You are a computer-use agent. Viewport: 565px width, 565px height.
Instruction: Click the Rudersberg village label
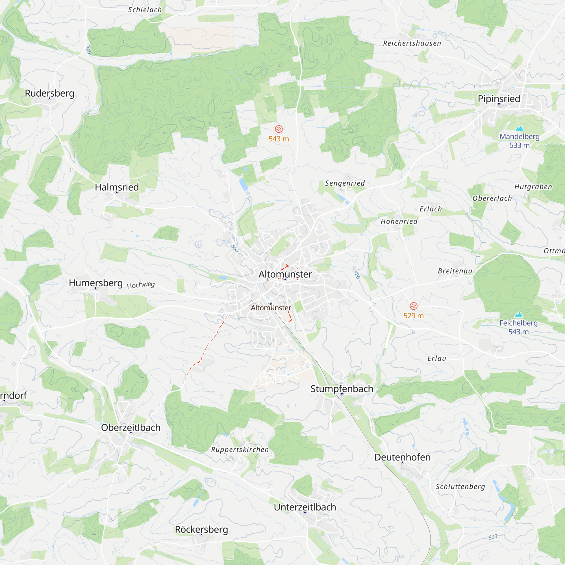49,93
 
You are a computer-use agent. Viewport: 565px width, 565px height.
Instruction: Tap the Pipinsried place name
499,99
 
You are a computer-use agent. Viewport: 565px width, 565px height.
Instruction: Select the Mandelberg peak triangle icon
520,128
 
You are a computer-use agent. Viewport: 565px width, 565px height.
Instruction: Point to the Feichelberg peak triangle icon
518,315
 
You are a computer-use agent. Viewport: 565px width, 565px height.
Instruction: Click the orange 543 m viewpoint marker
279,129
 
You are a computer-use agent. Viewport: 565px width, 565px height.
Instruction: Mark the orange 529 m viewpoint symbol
414,306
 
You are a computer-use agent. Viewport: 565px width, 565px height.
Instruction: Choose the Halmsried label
117,187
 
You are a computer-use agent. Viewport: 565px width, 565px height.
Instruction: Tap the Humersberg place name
96,283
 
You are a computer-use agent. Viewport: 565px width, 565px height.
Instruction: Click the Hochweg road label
141,285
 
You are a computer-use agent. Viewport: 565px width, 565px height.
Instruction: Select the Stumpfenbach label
342,389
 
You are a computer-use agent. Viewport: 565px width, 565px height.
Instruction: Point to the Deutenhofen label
402,457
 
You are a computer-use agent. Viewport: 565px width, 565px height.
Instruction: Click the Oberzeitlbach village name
131,427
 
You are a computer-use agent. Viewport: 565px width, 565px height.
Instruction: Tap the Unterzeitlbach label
305,507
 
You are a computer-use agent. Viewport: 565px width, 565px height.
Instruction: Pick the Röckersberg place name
201,529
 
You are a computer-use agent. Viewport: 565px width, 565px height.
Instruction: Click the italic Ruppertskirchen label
240,449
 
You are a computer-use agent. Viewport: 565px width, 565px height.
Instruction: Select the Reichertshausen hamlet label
412,43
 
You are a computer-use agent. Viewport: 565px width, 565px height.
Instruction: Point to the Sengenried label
345,183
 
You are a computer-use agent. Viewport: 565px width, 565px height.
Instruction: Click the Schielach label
145,10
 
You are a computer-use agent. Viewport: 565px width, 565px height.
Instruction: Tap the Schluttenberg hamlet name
460,487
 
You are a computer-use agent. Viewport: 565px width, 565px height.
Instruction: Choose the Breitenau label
455,271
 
